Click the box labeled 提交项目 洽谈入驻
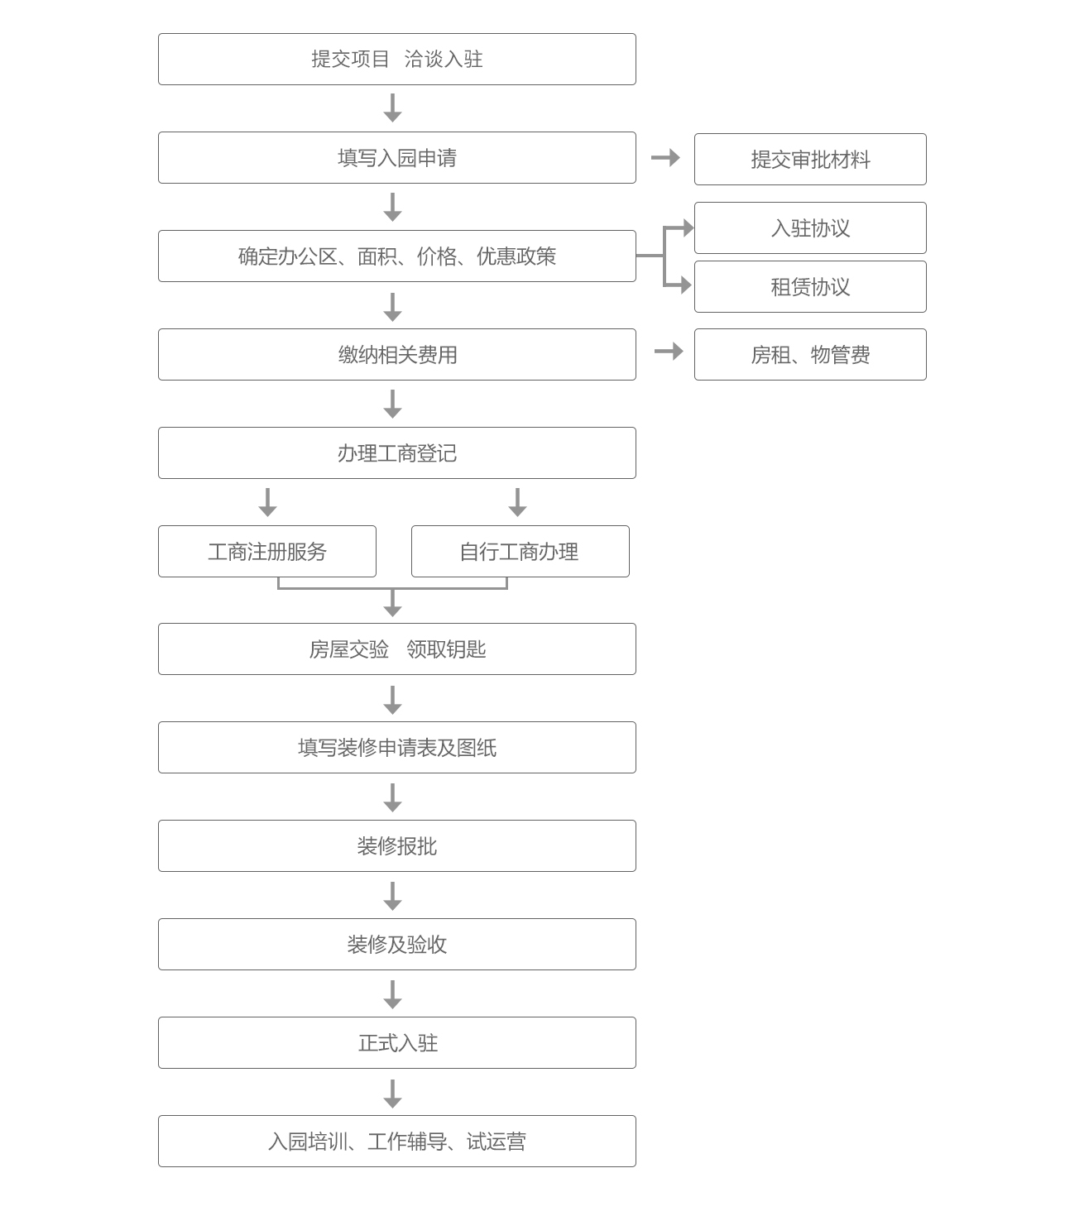pos(397,59)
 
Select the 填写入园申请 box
pos(397,157)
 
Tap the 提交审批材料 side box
pos(810,160)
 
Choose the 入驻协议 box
pos(810,227)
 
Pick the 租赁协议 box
pos(810,286)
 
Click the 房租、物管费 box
pos(810,354)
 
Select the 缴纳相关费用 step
pos(397,354)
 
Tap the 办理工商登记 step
pos(397,452)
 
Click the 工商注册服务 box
pos(266,551)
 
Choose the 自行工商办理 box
pos(520,551)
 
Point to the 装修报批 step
pos(397,845)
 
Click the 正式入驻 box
pos(397,1042)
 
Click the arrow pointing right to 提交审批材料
pos(665,157)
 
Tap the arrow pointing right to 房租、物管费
pos(669,352)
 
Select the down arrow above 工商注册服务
pos(267,502)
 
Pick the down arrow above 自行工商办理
pos(518,502)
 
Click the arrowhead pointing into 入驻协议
pos(688,227)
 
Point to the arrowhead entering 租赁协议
pos(686,285)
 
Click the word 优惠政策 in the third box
pos(516,256)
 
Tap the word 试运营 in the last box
pos(497,1141)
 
